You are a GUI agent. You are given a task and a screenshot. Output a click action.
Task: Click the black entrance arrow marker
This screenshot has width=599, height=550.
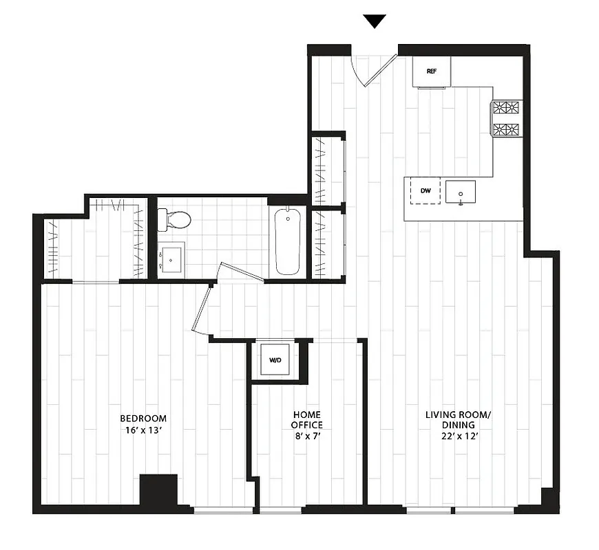[375, 21]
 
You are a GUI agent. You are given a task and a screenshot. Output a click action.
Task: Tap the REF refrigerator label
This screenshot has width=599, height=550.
[432, 71]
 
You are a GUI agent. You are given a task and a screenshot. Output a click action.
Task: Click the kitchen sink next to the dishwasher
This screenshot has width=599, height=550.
[459, 193]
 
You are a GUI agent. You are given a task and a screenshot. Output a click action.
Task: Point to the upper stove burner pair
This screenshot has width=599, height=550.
[506, 108]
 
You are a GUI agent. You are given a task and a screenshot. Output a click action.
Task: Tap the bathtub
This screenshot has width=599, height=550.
[288, 241]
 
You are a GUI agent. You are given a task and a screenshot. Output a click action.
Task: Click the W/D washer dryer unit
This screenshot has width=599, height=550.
[274, 360]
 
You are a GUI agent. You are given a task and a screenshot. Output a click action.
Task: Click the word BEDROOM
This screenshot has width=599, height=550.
[143, 419]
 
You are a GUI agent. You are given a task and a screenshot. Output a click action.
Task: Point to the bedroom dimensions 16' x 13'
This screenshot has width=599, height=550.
[143, 431]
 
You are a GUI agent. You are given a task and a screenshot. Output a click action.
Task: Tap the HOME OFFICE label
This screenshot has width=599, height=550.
[306, 420]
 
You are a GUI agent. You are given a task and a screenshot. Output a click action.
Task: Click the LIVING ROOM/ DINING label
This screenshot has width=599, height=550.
[457, 420]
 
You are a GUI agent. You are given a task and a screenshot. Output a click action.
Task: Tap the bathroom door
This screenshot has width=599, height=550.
[241, 270]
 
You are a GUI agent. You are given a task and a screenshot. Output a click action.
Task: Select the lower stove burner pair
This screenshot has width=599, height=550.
[506, 129]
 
